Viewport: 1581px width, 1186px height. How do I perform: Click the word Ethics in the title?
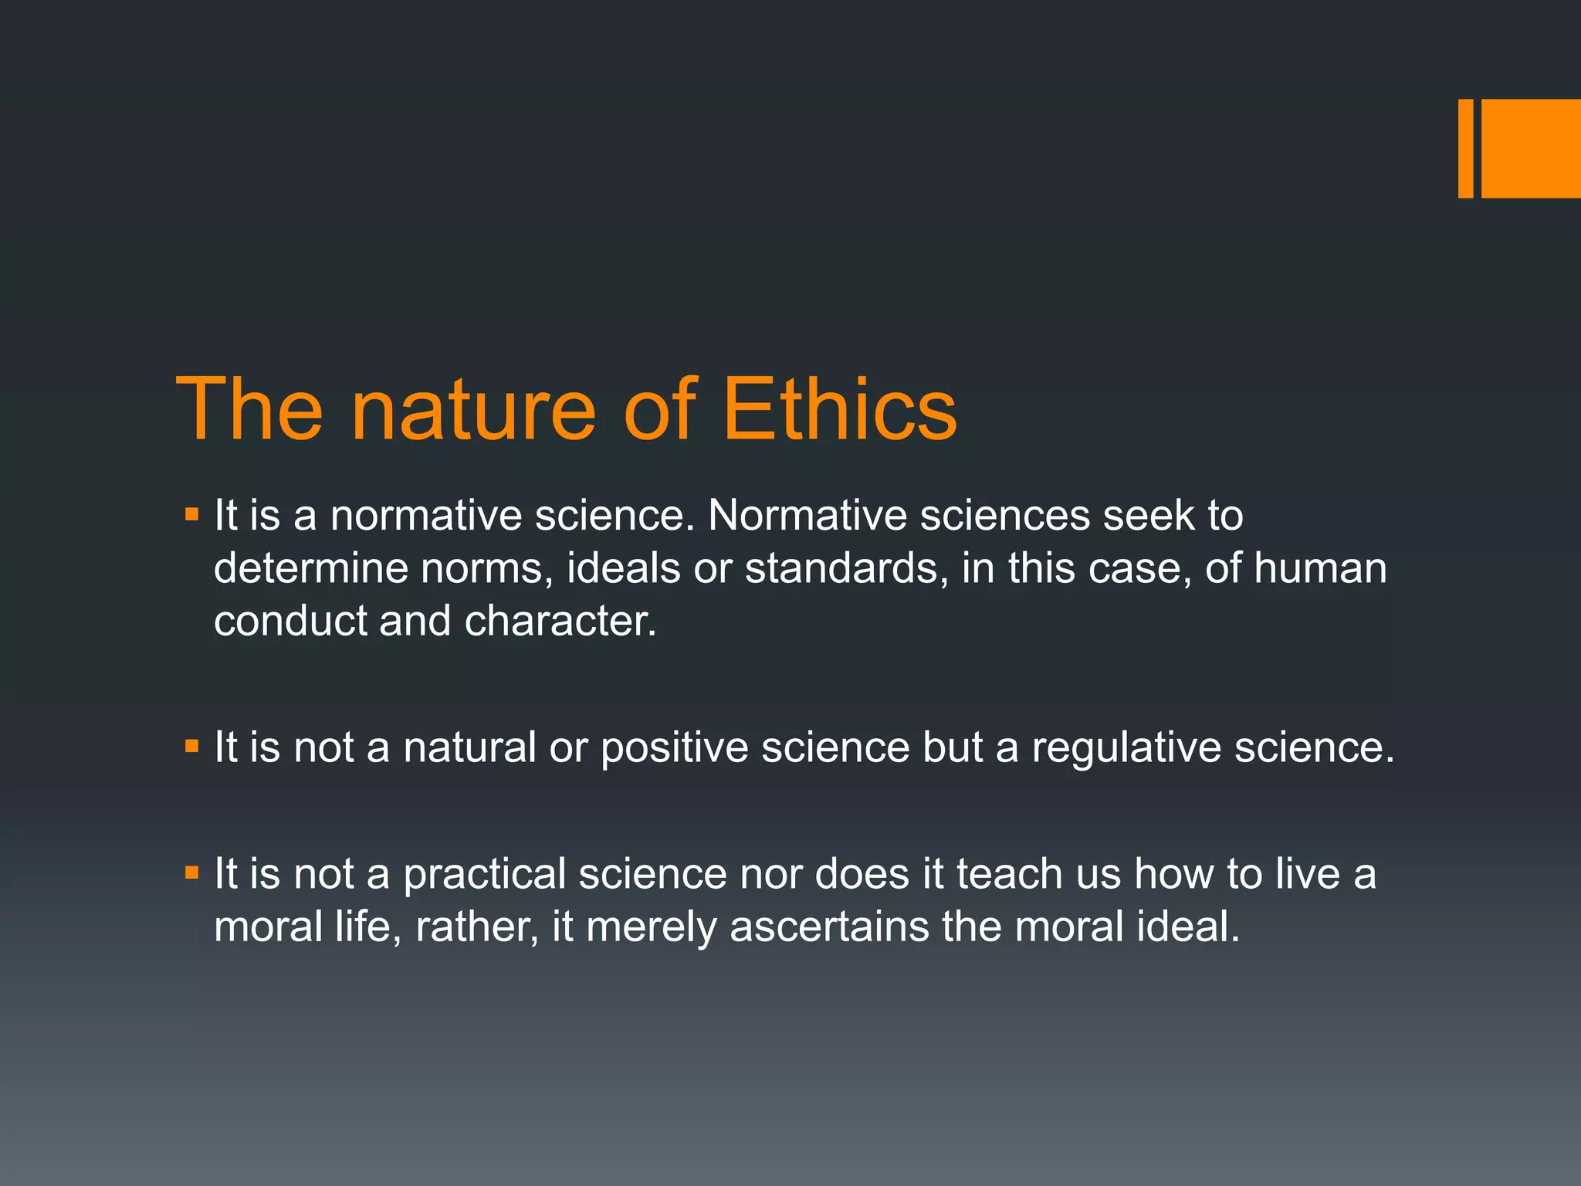click(x=839, y=409)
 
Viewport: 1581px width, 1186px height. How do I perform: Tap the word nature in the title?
click(x=473, y=409)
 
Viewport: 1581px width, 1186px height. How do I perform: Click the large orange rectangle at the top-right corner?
click(x=1530, y=148)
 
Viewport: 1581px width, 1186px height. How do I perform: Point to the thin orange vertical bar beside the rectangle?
click(x=1465, y=148)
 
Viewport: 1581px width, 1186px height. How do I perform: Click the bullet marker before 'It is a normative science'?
click(x=192, y=513)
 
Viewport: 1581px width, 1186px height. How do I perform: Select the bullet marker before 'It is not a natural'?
click(x=192, y=746)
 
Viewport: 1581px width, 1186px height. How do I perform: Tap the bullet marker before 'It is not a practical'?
click(x=192, y=873)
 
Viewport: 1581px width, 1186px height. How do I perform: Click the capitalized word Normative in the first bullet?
click(x=807, y=515)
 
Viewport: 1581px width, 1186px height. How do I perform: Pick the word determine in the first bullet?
click(x=310, y=568)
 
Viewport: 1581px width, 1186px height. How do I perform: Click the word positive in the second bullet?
click(x=674, y=748)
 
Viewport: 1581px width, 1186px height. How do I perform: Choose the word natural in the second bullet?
click(x=469, y=747)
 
